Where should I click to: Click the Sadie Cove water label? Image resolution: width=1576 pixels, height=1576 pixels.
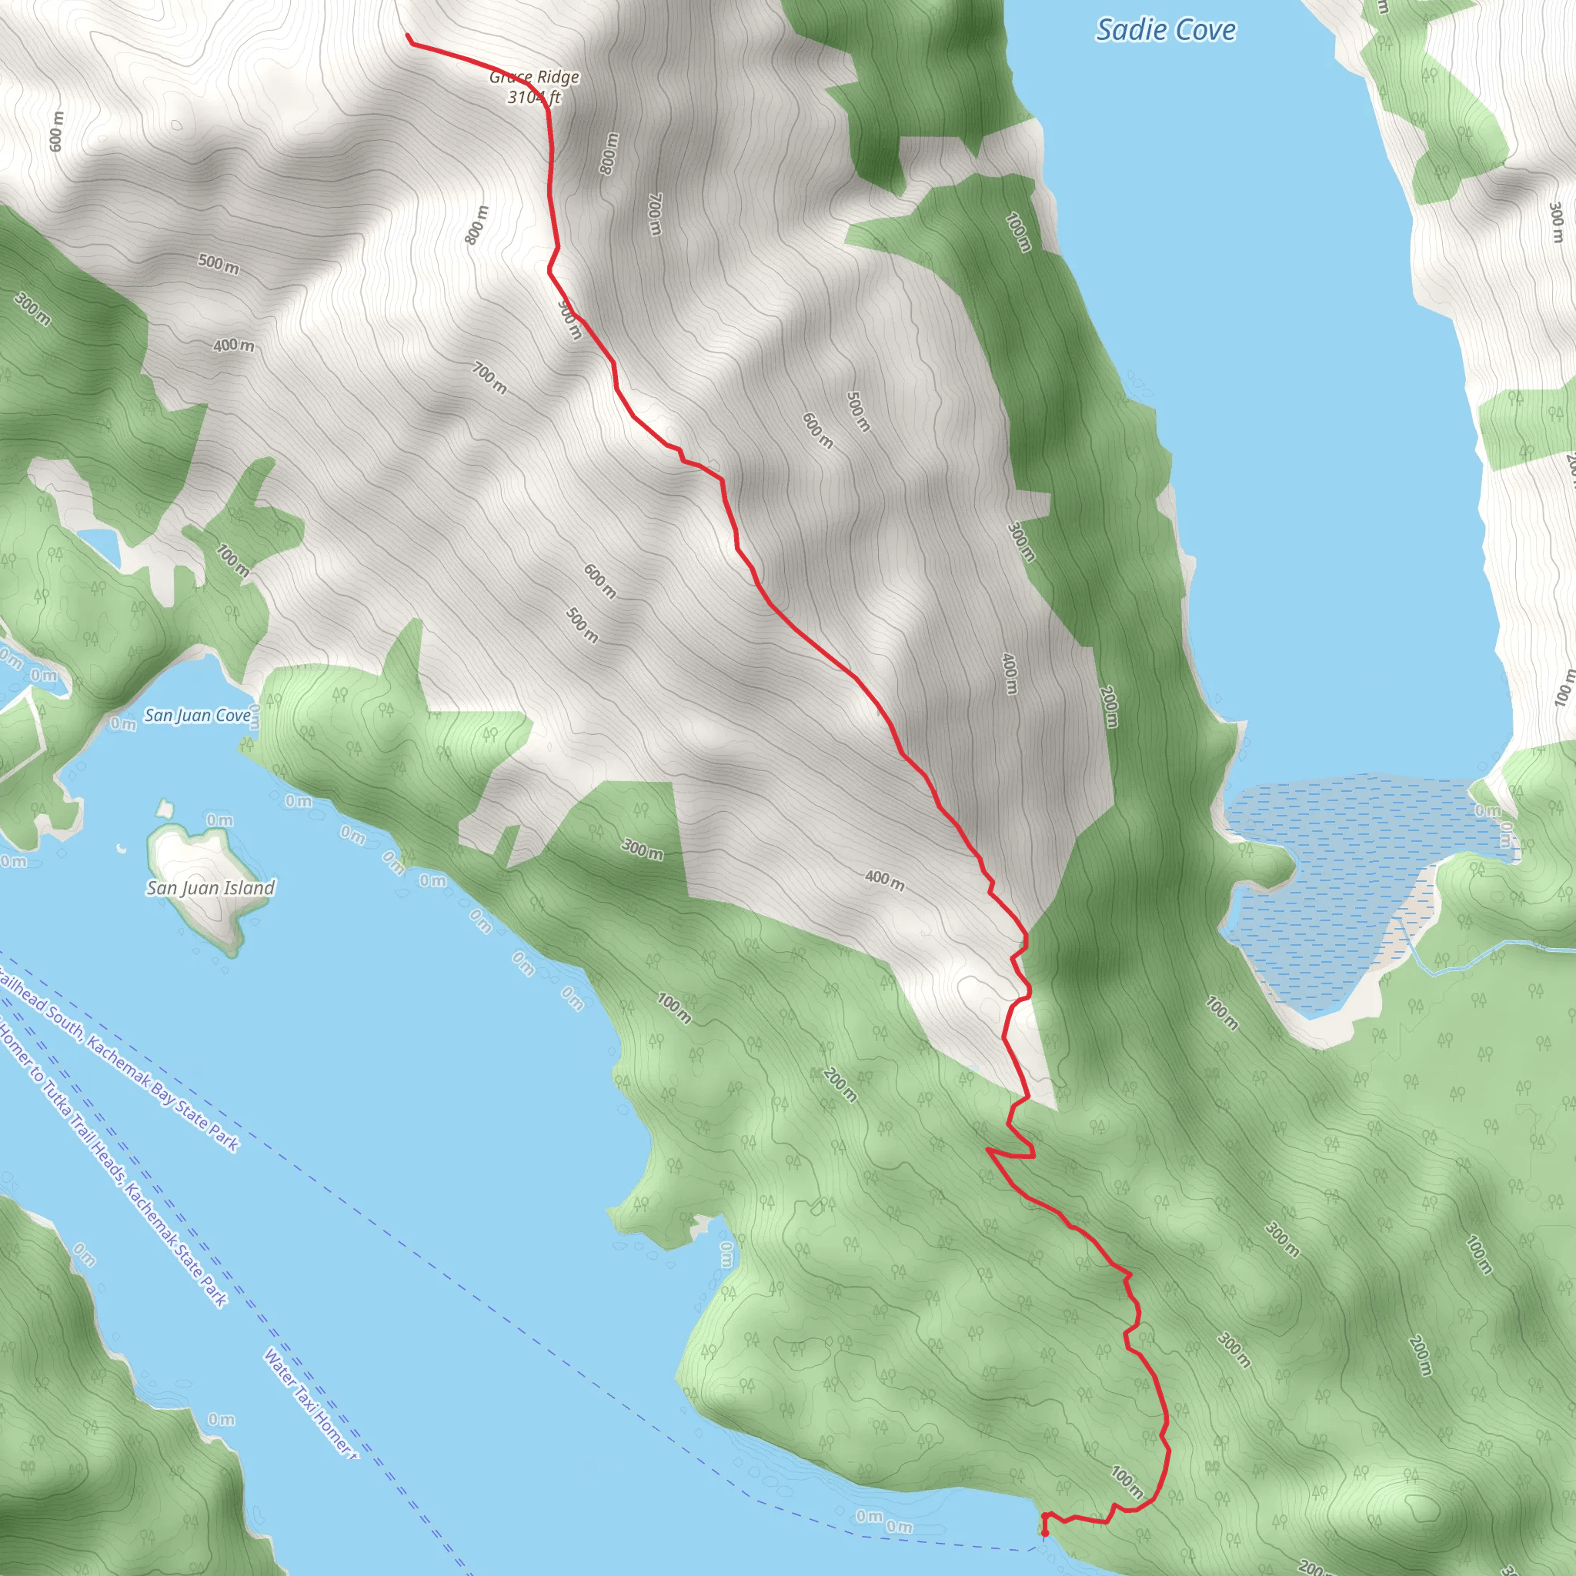tap(1165, 30)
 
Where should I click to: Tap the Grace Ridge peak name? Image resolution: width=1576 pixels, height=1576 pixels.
tap(534, 78)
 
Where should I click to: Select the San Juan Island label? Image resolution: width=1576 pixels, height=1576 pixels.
tap(210, 887)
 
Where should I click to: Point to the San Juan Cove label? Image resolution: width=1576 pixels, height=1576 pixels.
tap(198, 716)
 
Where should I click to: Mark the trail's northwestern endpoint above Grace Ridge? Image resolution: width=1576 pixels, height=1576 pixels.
tap(408, 36)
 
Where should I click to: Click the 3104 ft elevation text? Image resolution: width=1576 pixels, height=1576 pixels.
tap(534, 98)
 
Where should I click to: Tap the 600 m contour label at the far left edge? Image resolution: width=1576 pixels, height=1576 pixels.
tap(55, 131)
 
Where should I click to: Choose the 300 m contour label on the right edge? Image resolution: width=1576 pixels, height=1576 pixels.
tap(1555, 222)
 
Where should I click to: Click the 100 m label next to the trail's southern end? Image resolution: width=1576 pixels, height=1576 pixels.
tap(1127, 1481)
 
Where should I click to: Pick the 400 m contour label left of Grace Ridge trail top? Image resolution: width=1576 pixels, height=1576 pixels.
tap(233, 345)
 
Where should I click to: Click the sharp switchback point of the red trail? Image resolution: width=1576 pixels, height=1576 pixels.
tap(989, 1150)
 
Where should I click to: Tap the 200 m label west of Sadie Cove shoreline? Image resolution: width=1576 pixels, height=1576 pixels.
tap(1109, 706)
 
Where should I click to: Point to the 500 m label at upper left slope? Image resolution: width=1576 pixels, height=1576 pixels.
tap(219, 263)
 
